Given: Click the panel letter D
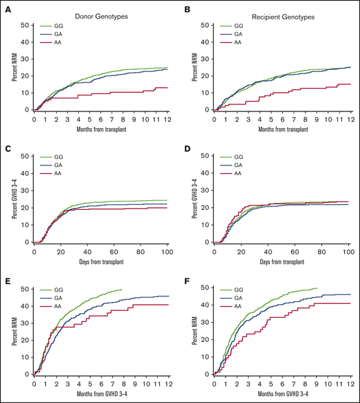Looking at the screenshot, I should click(x=188, y=146).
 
